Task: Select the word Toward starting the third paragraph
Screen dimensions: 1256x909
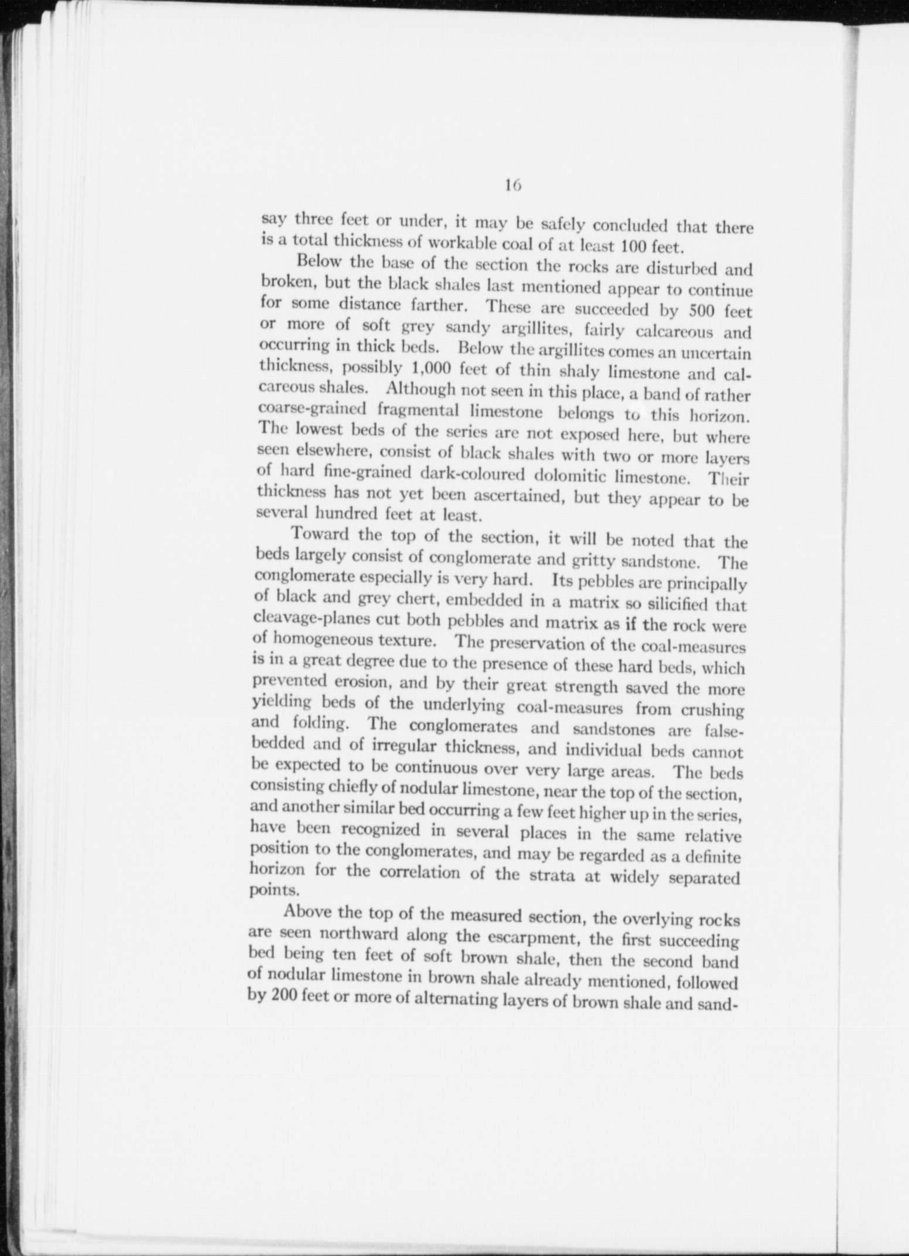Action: point(321,534)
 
